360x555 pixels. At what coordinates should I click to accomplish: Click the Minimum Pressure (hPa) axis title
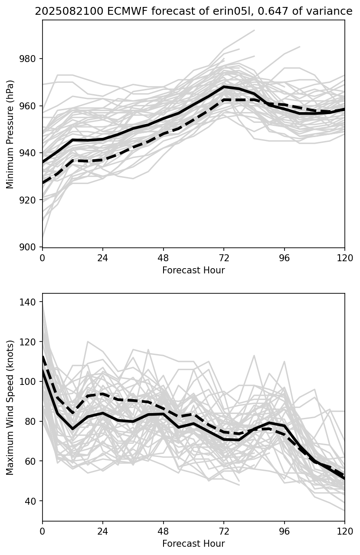[10, 134]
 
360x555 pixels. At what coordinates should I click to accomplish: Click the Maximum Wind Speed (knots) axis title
[10, 407]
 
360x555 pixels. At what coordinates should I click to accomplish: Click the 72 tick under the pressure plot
[224, 257]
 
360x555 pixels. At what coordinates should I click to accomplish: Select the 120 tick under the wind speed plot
[345, 530]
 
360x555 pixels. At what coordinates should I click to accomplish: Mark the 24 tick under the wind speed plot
[103, 530]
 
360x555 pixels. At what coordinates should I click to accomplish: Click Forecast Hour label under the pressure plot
[193, 270]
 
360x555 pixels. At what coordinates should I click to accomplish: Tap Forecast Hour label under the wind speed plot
[193, 544]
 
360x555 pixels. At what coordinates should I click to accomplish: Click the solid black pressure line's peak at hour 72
[224, 87]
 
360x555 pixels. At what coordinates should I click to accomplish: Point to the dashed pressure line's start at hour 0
[43, 183]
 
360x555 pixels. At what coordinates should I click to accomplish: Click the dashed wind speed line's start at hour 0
[43, 357]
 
